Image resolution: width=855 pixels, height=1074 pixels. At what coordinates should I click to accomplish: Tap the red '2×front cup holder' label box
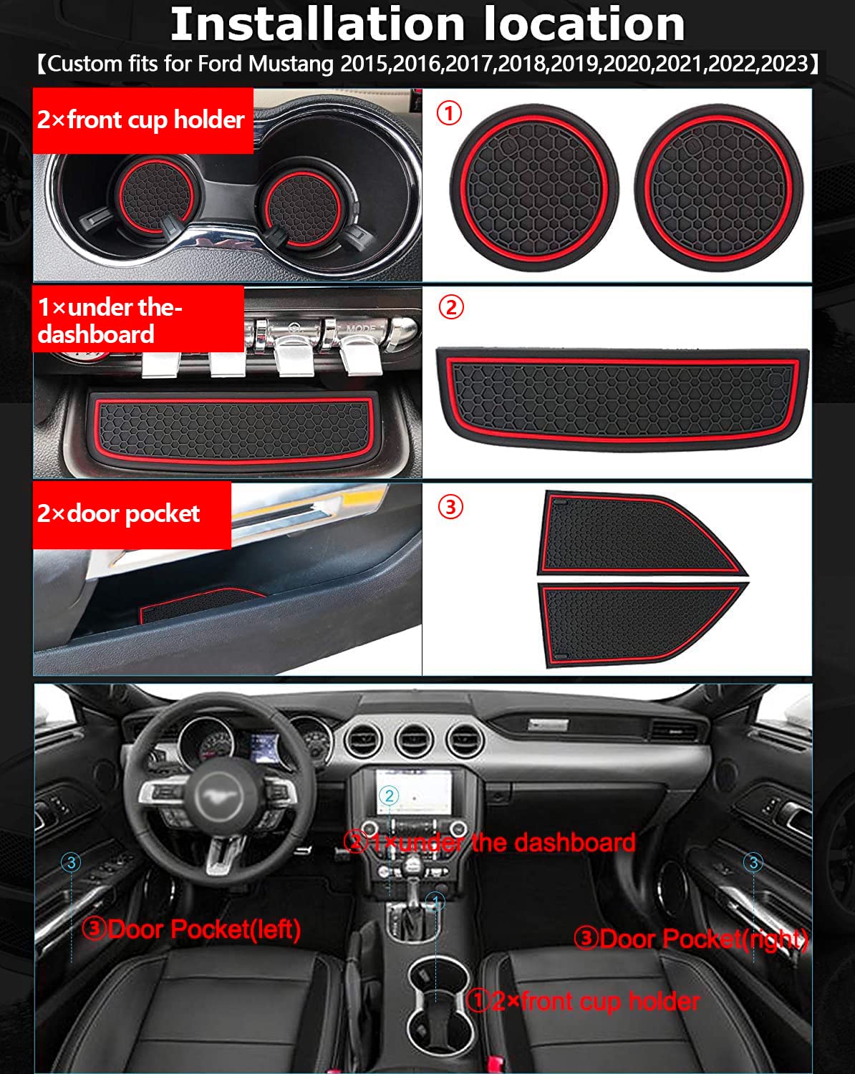[x=142, y=120]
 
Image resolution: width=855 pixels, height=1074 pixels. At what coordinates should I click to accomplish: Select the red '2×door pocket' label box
[x=132, y=515]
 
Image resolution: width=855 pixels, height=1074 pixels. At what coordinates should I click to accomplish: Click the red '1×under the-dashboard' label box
[x=137, y=320]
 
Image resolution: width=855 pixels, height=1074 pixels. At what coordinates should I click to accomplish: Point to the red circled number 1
[x=449, y=112]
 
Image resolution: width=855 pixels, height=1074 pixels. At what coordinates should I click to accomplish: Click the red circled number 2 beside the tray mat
[x=450, y=307]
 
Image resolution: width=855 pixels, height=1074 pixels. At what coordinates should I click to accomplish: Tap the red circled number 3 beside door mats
[x=450, y=507]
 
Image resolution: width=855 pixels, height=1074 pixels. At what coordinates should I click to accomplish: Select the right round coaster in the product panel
[x=718, y=188]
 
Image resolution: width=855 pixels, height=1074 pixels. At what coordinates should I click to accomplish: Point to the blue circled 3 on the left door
[x=71, y=862]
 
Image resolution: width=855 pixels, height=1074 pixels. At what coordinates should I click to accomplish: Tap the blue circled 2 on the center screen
[x=390, y=795]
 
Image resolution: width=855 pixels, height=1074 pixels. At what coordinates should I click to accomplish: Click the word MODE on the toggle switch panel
[x=361, y=329]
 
